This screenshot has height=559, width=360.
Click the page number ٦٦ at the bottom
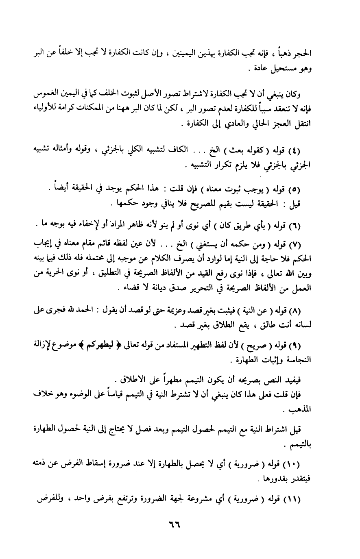pos(175,530)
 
